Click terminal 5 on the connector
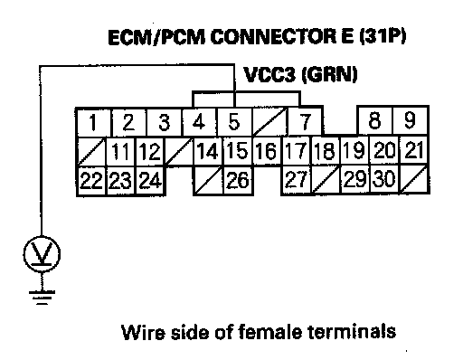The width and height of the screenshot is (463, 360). pyautogui.click(x=234, y=122)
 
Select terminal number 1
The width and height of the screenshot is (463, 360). pyautogui.click(x=93, y=122)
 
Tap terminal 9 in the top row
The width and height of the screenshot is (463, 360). pyautogui.click(x=411, y=120)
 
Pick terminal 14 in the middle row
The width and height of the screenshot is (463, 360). pyautogui.click(x=208, y=151)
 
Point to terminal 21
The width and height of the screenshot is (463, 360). pyautogui.click(x=413, y=150)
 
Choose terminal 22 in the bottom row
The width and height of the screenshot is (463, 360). pyautogui.click(x=91, y=180)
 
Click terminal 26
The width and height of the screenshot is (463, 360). pyautogui.click(x=238, y=180)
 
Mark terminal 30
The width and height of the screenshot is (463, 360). pyautogui.click(x=384, y=179)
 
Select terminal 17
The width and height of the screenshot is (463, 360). pyautogui.click(x=296, y=151)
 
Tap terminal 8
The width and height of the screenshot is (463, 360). pyautogui.click(x=375, y=120)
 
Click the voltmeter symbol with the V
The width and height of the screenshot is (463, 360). pyautogui.click(x=42, y=254)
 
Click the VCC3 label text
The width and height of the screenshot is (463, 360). pyautogui.click(x=269, y=75)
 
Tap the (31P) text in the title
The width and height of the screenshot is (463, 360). pyautogui.click(x=383, y=36)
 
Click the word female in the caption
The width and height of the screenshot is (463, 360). pyautogui.click(x=269, y=332)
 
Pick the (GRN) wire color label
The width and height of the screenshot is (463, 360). pyautogui.click(x=329, y=75)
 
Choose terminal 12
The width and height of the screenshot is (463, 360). pyautogui.click(x=150, y=151)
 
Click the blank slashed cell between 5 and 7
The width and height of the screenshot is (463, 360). pyautogui.click(x=269, y=122)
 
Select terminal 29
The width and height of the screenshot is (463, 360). pyautogui.click(x=355, y=179)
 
